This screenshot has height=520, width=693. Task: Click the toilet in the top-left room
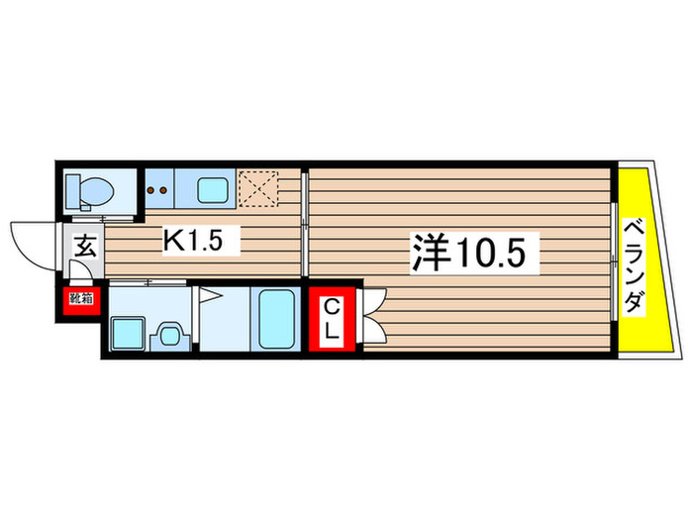click(90, 188)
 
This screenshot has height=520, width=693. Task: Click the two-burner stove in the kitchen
click(158, 186)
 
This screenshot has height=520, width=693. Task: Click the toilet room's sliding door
click(104, 215)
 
